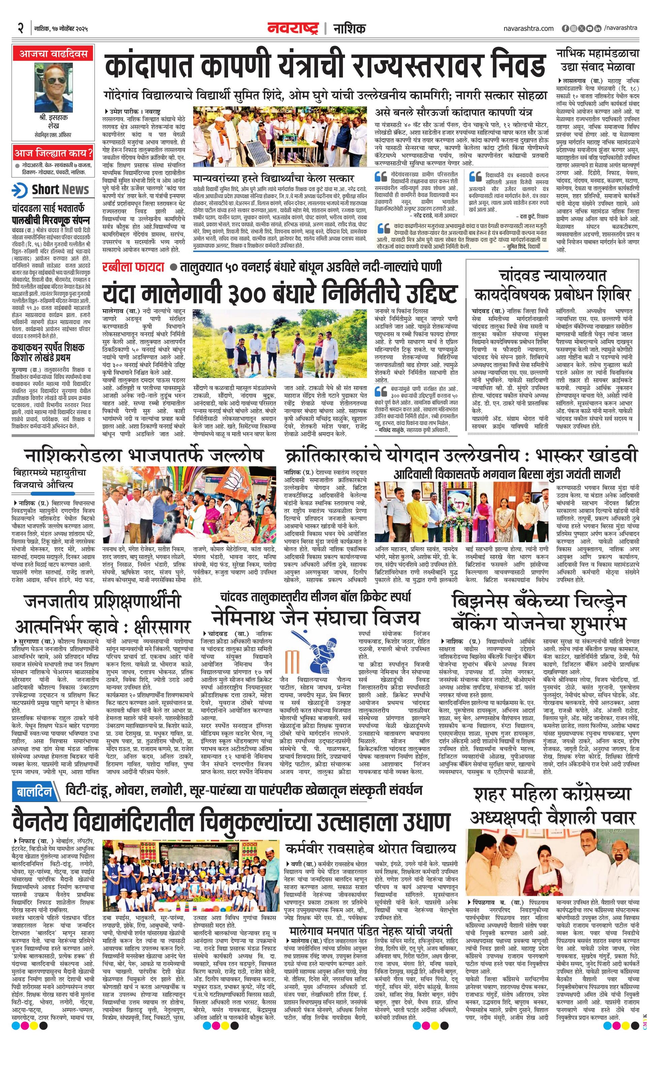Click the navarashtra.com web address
click(x=528, y=29)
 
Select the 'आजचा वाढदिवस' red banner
click(x=53, y=55)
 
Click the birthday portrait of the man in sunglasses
click(x=53, y=87)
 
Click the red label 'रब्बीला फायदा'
click(x=133, y=266)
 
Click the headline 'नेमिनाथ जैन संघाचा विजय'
click(x=315, y=618)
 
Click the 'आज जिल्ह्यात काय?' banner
click(x=53, y=153)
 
